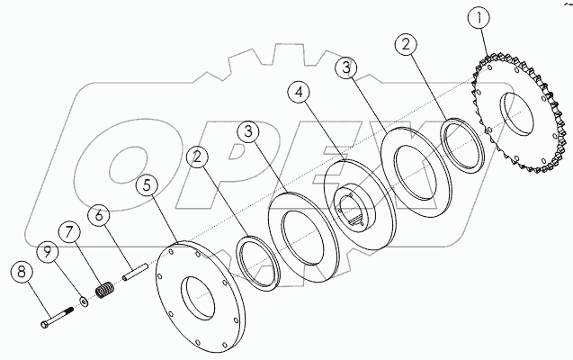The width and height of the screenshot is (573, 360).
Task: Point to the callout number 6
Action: tap(101, 217)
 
